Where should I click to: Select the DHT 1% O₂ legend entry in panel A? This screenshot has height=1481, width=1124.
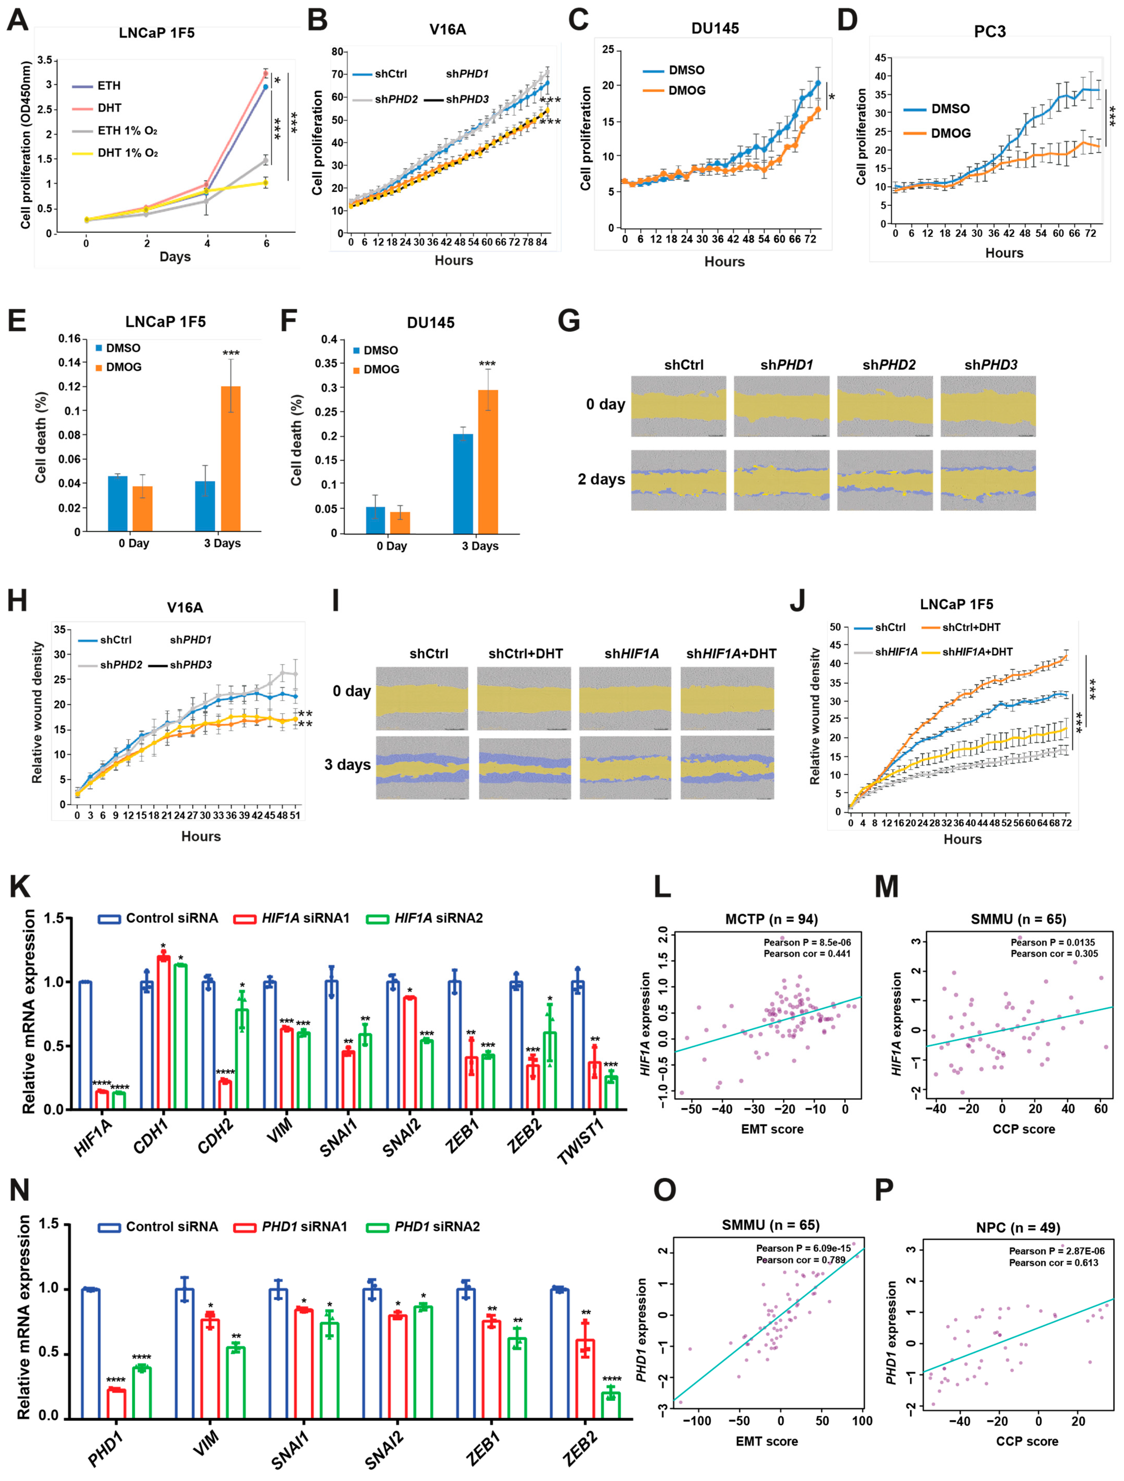click(127, 153)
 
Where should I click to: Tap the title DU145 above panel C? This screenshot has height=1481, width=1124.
click(715, 28)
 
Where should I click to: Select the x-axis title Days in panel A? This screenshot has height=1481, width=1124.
click(175, 257)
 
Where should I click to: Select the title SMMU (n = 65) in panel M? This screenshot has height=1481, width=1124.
click(1018, 919)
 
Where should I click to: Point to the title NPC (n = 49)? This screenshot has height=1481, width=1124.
click(1018, 1228)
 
